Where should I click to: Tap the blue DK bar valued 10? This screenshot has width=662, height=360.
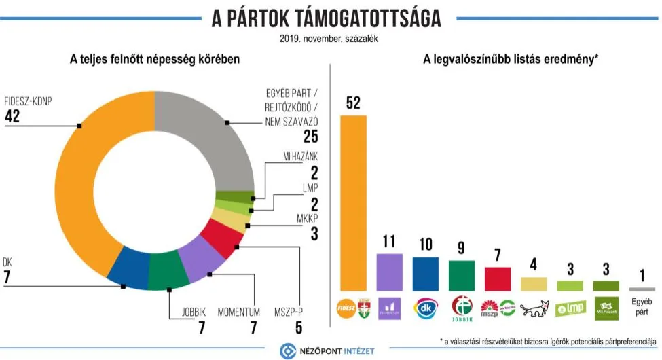pyautogui.click(x=426, y=274)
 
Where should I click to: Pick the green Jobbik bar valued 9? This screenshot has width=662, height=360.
pyautogui.click(x=461, y=275)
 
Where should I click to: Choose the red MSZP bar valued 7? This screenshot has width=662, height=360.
pyautogui.click(x=497, y=278)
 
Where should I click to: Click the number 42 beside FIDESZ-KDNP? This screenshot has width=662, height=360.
pyautogui.click(x=12, y=116)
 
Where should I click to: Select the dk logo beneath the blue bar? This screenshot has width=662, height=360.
pyautogui.click(x=426, y=308)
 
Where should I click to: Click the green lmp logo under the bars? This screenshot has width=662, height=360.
pyautogui.click(x=570, y=309)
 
